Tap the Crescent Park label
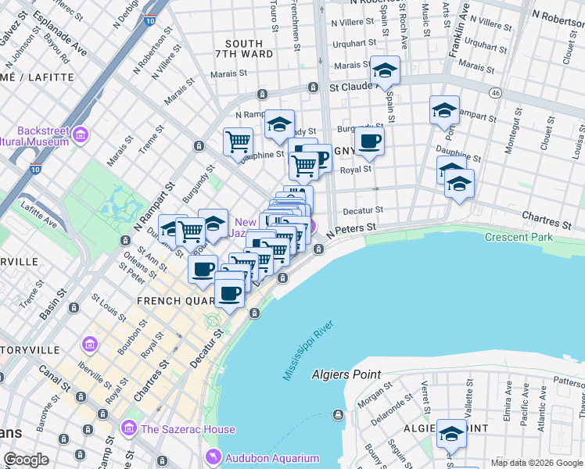click(519, 237)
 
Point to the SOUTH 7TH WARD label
click(249, 48)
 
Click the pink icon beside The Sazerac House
click(129, 428)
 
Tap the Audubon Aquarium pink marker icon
click(211, 457)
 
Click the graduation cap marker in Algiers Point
click(451, 432)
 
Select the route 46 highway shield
click(495, 92)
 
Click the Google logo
click(26, 460)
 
